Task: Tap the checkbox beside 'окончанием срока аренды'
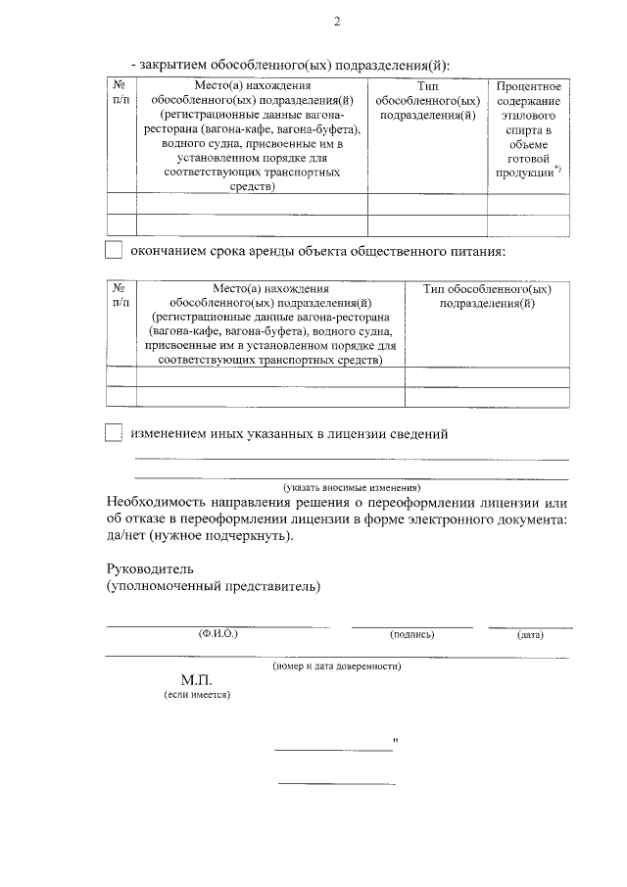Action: tap(114, 251)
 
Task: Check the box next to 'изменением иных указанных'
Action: tap(114, 433)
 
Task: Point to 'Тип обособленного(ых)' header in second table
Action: tap(487, 296)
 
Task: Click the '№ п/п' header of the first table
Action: tap(120, 94)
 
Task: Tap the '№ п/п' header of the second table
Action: tap(120, 296)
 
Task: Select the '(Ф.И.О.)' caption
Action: tap(217, 634)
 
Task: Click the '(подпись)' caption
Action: tap(411, 634)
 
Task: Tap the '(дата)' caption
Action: tap(530, 634)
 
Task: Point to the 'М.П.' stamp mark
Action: tap(196, 679)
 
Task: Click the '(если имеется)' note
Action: tap(197, 694)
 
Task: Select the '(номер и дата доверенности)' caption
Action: tap(337, 665)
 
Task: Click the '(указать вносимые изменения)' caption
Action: tap(352, 487)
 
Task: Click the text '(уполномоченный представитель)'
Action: tap(213, 587)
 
